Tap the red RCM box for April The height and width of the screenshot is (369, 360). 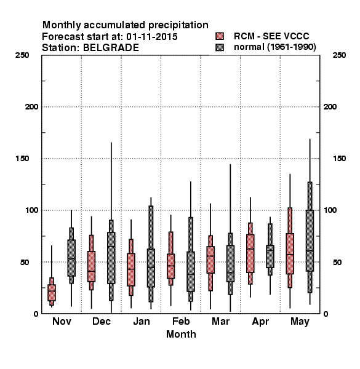(x=250, y=253)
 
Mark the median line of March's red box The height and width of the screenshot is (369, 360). (x=210, y=256)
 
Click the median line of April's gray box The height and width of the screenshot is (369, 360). (x=270, y=250)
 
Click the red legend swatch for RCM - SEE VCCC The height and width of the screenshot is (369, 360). (x=220, y=36)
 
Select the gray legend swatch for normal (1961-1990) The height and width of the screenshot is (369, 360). (x=220, y=47)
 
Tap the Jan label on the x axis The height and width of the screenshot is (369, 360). (x=142, y=321)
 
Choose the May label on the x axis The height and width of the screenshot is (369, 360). (x=300, y=322)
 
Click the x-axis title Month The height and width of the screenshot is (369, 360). (x=181, y=334)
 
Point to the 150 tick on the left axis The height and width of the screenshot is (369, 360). (x=22, y=159)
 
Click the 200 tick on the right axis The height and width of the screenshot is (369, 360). (x=330, y=107)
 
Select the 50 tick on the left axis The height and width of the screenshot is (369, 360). (x=25, y=262)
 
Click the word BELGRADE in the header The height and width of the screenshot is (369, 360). (x=111, y=48)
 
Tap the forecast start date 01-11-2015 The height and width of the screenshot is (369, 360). (x=152, y=37)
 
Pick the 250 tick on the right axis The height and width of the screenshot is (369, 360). (x=339, y=55)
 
